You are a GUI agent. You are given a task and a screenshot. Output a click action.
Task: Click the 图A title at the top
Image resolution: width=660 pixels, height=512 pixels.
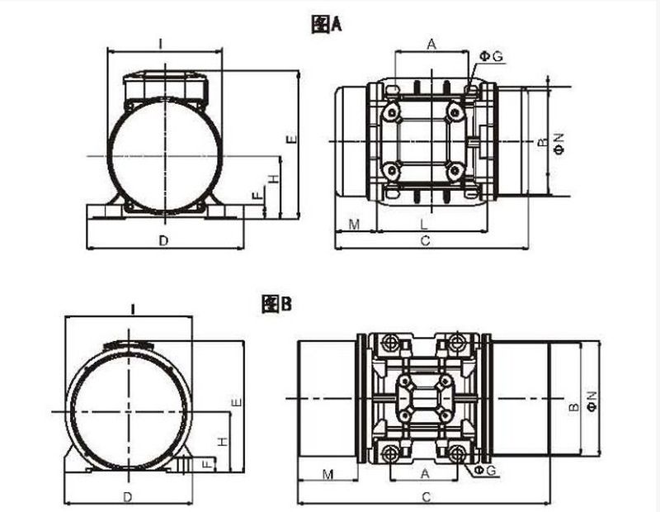pyautogui.click(x=327, y=25)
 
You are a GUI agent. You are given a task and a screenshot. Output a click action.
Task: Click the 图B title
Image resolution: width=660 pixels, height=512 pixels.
pyautogui.click(x=276, y=303)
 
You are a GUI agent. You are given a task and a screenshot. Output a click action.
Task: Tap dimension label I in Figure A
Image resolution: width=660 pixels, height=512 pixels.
pyautogui.click(x=161, y=44)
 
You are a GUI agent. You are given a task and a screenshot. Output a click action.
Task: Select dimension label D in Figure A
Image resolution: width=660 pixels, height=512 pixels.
pyautogui.click(x=163, y=240)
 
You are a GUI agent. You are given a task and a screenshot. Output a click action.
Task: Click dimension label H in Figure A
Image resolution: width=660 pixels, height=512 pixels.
pyautogui.click(x=274, y=178)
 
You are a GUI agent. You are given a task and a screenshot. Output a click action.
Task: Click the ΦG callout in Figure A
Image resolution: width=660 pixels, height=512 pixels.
pyautogui.click(x=492, y=56)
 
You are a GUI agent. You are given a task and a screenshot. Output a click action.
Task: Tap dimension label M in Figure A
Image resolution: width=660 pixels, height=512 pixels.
pyautogui.click(x=355, y=225)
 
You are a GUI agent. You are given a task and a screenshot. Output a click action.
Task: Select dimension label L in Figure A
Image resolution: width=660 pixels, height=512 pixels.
pyautogui.click(x=424, y=225)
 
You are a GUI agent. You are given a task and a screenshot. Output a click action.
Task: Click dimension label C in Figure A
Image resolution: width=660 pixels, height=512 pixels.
pyautogui.click(x=426, y=240)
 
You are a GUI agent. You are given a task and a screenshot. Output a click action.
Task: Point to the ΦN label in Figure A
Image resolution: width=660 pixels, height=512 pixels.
pyautogui.click(x=559, y=144)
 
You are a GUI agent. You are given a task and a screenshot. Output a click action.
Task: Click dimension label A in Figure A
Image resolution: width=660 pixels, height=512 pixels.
pyautogui.click(x=431, y=44)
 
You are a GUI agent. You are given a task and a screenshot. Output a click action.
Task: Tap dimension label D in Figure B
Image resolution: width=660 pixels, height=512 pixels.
pyautogui.click(x=128, y=497)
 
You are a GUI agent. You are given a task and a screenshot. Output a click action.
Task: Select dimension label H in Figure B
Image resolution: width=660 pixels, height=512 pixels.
pyautogui.click(x=222, y=442)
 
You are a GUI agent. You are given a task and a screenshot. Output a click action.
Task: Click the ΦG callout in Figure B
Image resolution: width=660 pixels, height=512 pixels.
pyautogui.click(x=485, y=470)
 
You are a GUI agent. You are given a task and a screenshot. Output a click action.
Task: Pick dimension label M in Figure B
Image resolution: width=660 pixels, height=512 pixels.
pyautogui.click(x=328, y=475)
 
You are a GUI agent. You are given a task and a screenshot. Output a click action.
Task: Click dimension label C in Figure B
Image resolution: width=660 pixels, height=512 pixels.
pyautogui.click(x=426, y=497)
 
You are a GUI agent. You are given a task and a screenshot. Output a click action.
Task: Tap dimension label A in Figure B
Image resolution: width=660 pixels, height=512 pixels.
pyautogui.click(x=425, y=474)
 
